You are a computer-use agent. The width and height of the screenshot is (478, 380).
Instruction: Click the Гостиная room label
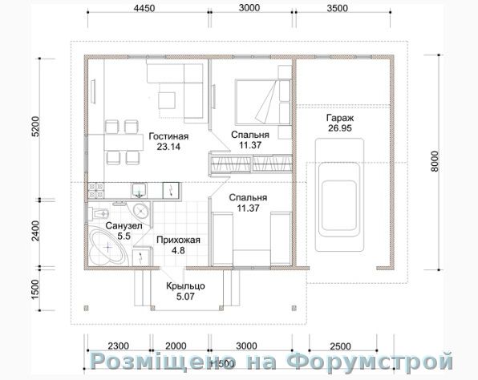click(x=168, y=136)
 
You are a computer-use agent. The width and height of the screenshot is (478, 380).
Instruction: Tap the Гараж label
click(x=340, y=118)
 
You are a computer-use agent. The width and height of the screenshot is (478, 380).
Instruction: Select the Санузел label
click(x=124, y=226)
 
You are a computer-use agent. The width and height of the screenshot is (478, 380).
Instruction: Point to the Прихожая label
click(x=178, y=240)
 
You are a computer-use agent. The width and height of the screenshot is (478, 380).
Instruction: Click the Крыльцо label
click(x=185, y=286)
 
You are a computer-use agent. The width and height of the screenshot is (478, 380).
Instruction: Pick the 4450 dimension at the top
click(x=144, y=8)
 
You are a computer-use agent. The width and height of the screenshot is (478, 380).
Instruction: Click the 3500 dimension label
click(x=337, y=8)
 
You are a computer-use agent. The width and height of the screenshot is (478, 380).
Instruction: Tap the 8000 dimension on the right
click(x=435, y=161)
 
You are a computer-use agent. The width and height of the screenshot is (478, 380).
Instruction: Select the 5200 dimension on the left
click(x=35, y=127)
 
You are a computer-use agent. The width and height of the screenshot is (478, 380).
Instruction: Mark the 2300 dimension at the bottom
click(x=118, y=346)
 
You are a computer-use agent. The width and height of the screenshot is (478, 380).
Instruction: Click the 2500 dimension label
click(x=340, y=346)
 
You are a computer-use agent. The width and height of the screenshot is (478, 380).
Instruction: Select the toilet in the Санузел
click(x=98, y=213)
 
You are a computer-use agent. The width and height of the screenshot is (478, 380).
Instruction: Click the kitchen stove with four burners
click(x=95, y=191)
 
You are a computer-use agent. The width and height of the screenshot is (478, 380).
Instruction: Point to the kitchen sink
click(x=139, y=191)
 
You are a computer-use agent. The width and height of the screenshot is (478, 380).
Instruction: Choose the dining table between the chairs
click(x=124, y=141)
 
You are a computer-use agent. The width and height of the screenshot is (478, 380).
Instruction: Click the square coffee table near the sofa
click(x=167, y=100)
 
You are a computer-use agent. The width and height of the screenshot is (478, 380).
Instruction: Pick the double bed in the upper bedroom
click(x=263, y=102)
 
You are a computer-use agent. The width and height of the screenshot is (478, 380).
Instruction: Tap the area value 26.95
click(x=340, y=128)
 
